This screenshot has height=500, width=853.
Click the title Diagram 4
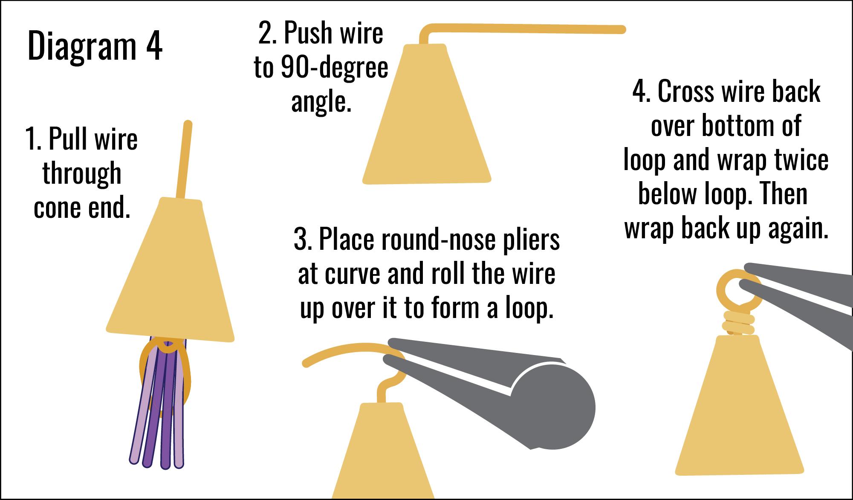(x=95, y=47)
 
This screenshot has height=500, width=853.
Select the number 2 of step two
(x=266, y=34)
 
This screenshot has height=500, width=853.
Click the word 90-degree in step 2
(x=334, y=68)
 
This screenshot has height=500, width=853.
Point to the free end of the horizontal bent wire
(x=620, y=29)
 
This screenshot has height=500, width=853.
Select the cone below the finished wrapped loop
(x=740, y=409)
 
